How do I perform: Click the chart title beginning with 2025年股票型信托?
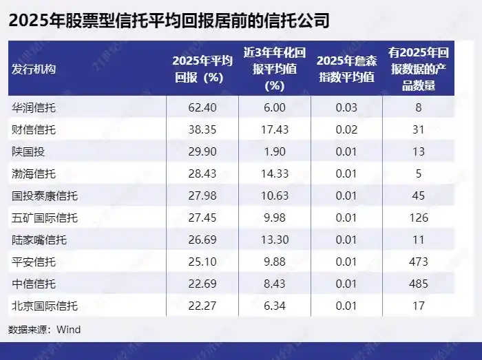coord(169,21)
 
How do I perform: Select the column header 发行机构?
coord(34,69)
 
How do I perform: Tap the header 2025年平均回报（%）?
coord(202,69)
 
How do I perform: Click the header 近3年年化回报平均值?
coord(275,69)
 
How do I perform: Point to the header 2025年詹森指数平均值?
coord(346,69)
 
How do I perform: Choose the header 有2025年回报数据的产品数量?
coord(420,69)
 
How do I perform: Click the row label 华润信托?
coord(34,107)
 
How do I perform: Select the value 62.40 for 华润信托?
coord(202,107)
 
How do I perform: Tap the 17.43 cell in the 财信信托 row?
coord(275,129)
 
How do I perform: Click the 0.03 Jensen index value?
coord(346,107)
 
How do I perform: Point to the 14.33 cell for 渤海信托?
coord(275,173)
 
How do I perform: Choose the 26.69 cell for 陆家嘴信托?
coord(202,240)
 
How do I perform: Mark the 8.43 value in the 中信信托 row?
coord(275,284)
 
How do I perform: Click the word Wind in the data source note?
coord(69,330)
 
